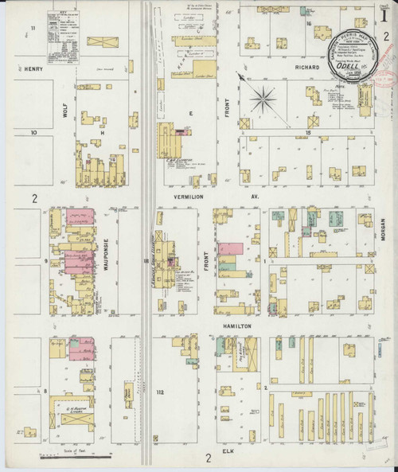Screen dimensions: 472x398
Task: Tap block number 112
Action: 158,393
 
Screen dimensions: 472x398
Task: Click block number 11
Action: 33,29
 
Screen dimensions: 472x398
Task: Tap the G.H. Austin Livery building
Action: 73,415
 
